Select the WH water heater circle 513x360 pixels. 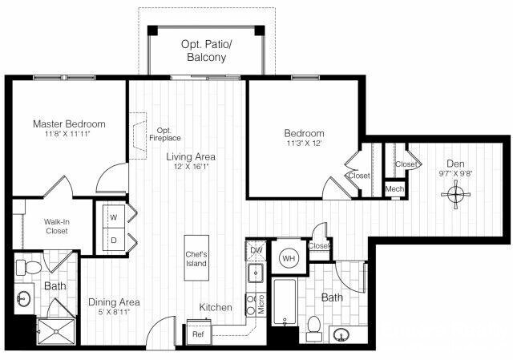click(x=289, y=258)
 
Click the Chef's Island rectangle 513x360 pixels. click(x=196, y=258)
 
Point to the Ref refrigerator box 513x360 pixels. click(x=198, y=334)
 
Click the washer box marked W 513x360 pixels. click(x=112, y=216)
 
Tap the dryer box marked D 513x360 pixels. click(x=112, y=240)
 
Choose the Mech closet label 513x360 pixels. click(x=394, y=189)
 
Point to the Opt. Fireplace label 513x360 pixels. click(x=164, y=134)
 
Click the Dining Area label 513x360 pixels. click(x=115, y=302)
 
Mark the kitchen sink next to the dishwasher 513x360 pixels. click(x=256, y=274)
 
